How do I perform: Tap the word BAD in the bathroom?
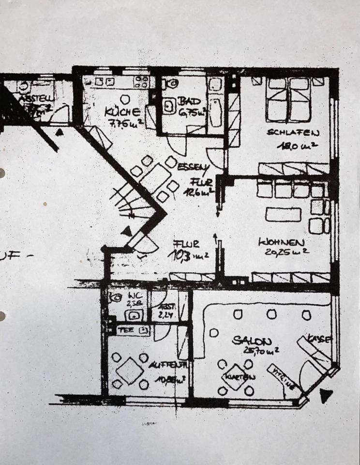186,102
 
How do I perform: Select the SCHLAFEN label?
293,133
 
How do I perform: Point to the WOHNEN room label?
281,242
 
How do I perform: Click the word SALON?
252,341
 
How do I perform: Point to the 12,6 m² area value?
197,191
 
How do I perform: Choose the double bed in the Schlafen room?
288,99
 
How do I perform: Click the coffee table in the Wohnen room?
283,214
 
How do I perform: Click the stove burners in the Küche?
141,80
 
